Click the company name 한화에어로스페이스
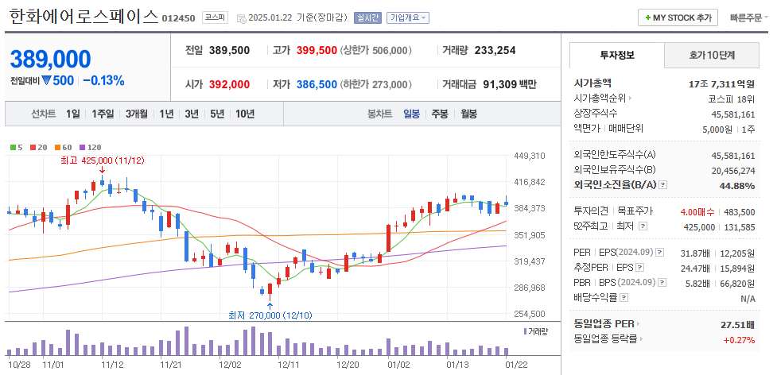(84, 17)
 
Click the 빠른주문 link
(746, 17)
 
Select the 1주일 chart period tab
(103, 114)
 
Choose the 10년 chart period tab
(244, 114)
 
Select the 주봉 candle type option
(439, 114)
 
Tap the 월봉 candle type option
(468, 114)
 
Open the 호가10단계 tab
(712, 56)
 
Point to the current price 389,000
(50, 60)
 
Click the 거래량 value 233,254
(495, 50)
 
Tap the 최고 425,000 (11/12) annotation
(102, 160)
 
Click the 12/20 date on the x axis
(348, 364)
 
